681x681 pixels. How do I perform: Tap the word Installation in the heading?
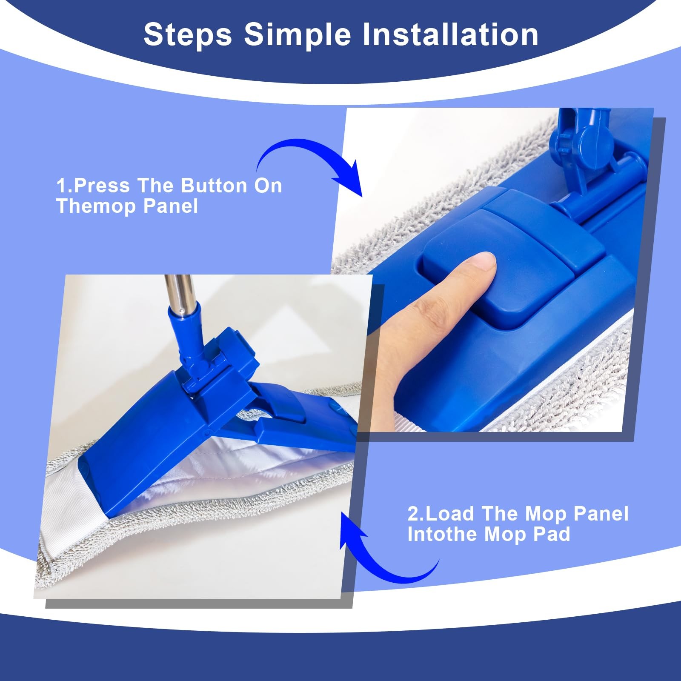pyautogui.click(x=450, y=34)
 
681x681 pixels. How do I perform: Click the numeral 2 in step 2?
pyautogui.click(x=413, y=514)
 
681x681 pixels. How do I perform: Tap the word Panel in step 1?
pyautogui.click(x=171, y=206)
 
